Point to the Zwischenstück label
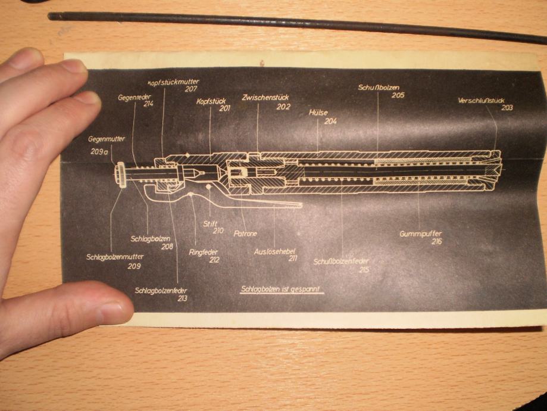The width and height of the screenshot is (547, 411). [266, 97]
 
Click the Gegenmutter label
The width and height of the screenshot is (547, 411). [107, 139]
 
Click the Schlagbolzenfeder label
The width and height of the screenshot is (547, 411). [161, 290]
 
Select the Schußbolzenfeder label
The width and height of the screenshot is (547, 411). [342, 261]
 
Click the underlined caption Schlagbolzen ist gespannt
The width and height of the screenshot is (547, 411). [281, 290]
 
